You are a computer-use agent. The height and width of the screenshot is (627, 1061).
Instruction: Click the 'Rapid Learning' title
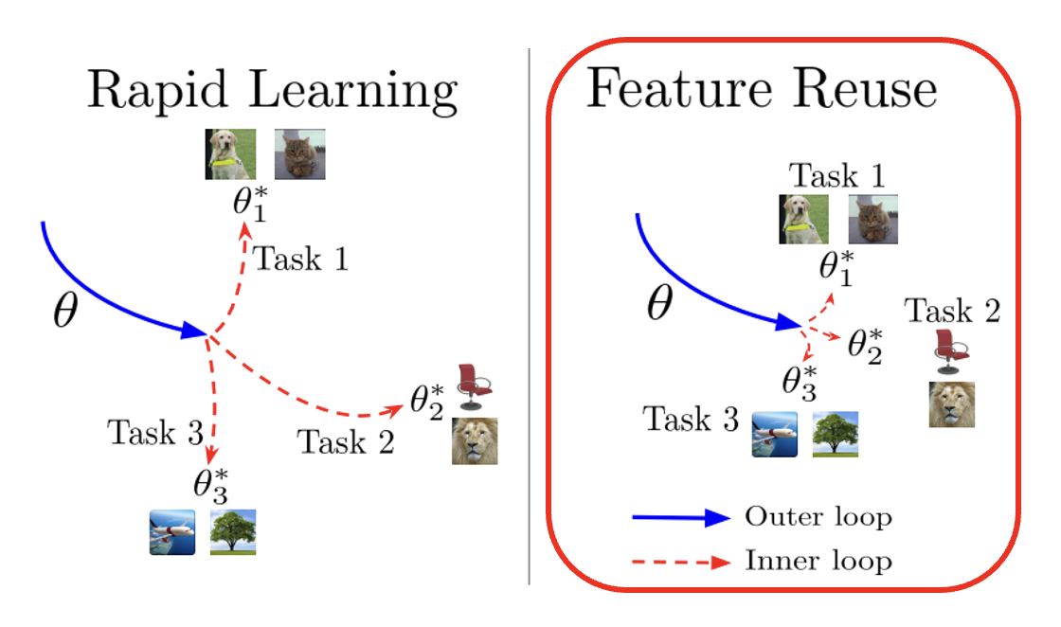pos(272,92)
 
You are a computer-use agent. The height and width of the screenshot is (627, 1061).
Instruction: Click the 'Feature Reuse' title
pos(762,89)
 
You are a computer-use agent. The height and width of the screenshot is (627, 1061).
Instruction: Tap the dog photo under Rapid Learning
pos(230,154)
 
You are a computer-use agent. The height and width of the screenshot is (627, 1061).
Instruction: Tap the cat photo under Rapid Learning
pos(299,154)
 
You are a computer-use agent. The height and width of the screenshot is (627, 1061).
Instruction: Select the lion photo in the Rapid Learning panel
pos(474,440)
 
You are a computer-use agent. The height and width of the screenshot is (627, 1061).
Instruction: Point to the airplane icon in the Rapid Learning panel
pos(172,531)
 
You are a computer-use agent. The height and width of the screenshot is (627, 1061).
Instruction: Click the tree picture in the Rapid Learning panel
pos(232,531)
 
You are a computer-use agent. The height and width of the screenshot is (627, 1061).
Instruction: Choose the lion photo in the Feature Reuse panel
pos(951,404)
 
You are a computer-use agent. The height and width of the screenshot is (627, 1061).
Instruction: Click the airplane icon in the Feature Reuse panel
pos(775,435)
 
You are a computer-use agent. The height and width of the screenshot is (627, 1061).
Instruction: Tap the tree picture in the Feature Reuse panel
pos(836,435)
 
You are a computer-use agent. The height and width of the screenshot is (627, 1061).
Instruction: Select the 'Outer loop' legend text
pos(818,517)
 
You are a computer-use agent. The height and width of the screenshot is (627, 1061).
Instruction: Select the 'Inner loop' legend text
pos(818,561)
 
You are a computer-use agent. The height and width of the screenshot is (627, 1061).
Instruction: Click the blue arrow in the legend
pos(681,517)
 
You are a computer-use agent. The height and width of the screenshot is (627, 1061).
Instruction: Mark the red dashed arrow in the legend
pos(681,562)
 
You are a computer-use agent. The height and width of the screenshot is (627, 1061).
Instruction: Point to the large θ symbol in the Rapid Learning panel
pos(63,312)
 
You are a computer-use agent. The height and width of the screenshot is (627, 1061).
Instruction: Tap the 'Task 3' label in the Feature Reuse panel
pos(691,419)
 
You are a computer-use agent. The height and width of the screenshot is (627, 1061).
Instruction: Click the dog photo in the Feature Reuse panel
pos(803,220)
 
